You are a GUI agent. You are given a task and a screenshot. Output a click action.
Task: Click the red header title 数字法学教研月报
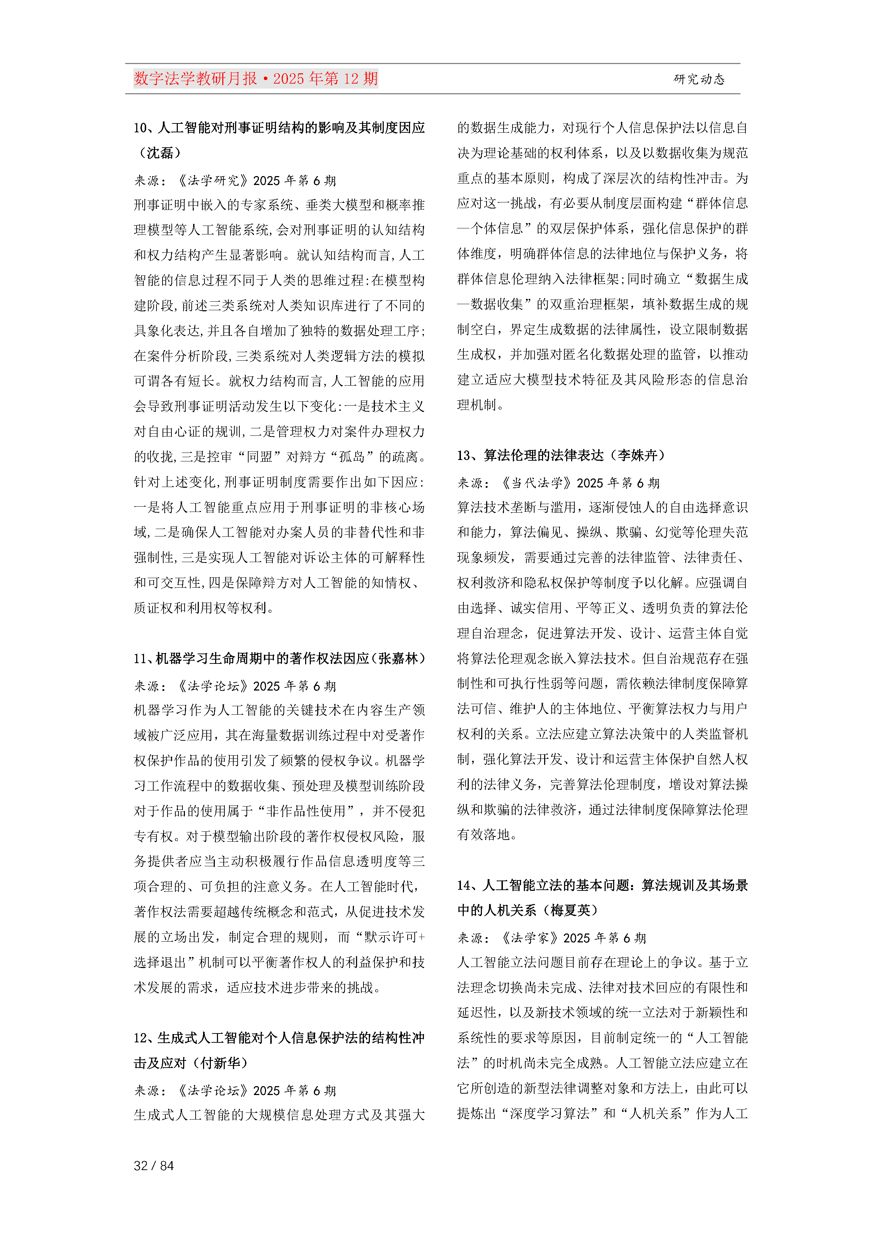pos(195,79)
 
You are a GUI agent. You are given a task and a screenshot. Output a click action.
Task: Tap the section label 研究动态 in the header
pos(699,79)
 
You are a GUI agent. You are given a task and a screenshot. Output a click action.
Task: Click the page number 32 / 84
pos(154,1165)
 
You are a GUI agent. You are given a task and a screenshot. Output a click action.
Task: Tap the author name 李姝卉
pos(637,455)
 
